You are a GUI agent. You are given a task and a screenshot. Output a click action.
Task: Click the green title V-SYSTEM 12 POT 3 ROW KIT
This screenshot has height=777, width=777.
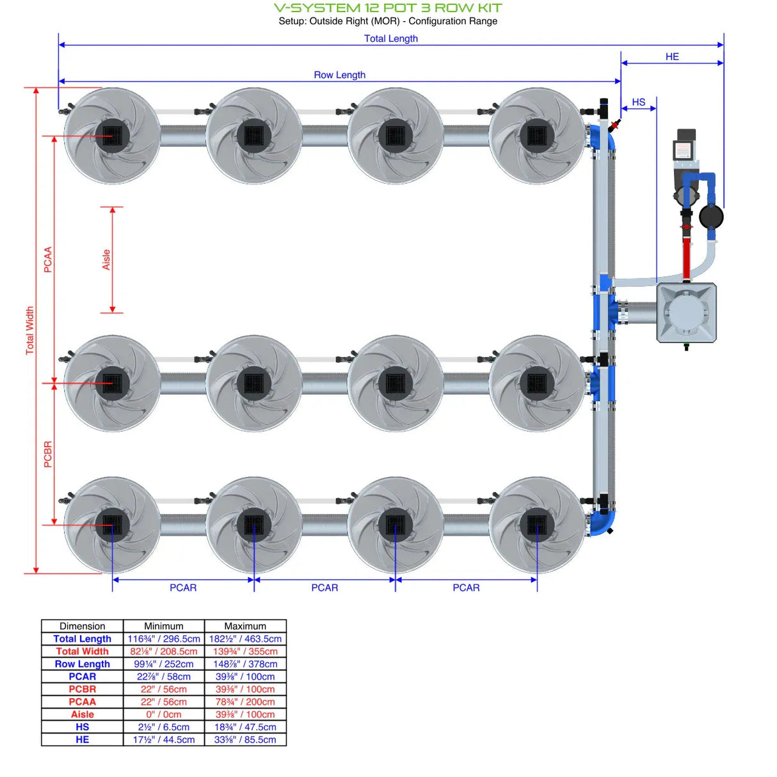[388, 8]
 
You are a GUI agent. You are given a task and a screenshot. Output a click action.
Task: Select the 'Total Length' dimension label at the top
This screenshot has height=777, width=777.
[390, 38]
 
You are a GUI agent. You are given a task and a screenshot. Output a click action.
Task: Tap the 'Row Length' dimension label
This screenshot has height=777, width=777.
[339, 75]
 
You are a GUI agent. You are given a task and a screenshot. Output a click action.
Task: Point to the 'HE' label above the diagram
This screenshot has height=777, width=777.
[671, 57]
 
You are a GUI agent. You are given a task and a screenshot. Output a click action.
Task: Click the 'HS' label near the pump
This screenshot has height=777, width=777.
[638, 102]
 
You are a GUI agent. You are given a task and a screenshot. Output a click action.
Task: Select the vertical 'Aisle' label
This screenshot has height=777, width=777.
[106, 259]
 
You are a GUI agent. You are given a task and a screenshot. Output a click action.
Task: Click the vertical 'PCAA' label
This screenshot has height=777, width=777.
[48, 260]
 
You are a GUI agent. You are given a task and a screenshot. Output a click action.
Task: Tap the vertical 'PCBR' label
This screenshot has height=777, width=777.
[48, 454]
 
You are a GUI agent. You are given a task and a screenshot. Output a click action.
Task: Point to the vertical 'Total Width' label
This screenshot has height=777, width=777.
[29, 330]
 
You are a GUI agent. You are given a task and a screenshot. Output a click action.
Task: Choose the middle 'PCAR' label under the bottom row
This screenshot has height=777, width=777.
[324, 588]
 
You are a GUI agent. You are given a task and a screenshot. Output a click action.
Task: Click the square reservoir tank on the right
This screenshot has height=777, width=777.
[686, 313]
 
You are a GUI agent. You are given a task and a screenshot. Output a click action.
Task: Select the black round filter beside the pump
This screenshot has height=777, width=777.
[711, 217]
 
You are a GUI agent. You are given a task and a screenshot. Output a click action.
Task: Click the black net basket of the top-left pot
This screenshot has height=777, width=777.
[113, 136]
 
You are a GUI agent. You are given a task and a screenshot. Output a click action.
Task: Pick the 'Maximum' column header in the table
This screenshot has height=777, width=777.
[245, 626]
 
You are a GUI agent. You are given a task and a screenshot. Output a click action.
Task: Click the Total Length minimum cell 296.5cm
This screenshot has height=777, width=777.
[164, 639]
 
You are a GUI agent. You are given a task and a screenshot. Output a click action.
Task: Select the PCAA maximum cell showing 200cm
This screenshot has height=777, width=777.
[245, 701]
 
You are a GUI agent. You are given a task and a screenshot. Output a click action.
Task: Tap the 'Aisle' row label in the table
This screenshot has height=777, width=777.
[82, 714]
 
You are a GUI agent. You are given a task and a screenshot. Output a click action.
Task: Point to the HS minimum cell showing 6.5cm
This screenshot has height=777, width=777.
[164, 727]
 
